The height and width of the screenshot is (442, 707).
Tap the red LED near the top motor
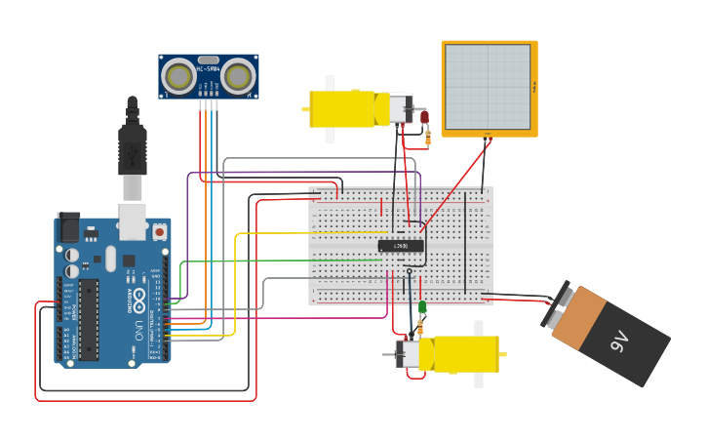[x=425, y=117]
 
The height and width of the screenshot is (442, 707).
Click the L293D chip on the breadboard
[x=401, y=246]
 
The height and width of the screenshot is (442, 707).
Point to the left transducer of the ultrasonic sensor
[x=178, y=75]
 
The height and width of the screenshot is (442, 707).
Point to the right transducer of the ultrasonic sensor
[x=238, y=75]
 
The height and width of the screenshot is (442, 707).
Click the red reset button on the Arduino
[x=159, y=232]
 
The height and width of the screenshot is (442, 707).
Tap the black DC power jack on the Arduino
[x=68, y=227]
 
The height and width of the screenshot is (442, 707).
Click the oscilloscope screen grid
[x=489, y=87]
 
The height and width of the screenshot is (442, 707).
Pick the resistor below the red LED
[x=427, y=138]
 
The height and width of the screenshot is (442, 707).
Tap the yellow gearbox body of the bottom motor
[x=466, y=354]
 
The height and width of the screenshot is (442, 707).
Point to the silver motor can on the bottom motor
[x=408, y=354]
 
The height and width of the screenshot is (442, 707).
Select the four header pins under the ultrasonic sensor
[x=209, y=102]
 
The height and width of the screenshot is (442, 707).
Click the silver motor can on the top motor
[x=400, y=108]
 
